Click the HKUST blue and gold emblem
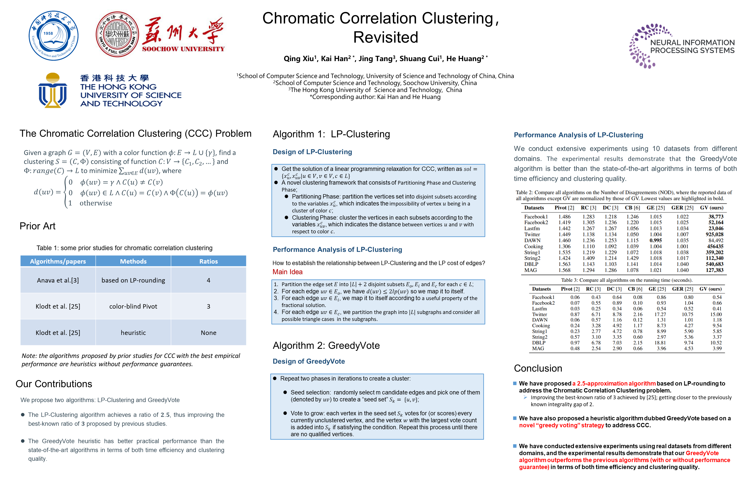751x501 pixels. [52, 91]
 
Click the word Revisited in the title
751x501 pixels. [385, 37]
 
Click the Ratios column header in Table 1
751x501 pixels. [209, 261]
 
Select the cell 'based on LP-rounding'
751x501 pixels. [133, 280]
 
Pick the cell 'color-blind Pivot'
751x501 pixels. [133, 306]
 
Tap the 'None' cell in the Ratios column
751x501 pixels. [209, 333]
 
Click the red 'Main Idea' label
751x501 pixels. [287, 272]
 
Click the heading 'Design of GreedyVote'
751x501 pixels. [308, 361]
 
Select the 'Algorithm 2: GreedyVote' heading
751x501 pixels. [326, 345]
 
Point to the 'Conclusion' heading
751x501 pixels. [538, 368]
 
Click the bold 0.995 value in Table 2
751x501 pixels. [656, 240]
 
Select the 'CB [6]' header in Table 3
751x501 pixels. [635, 289]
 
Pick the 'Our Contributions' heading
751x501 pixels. [54, 384]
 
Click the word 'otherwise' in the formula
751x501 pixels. [96, 203]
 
